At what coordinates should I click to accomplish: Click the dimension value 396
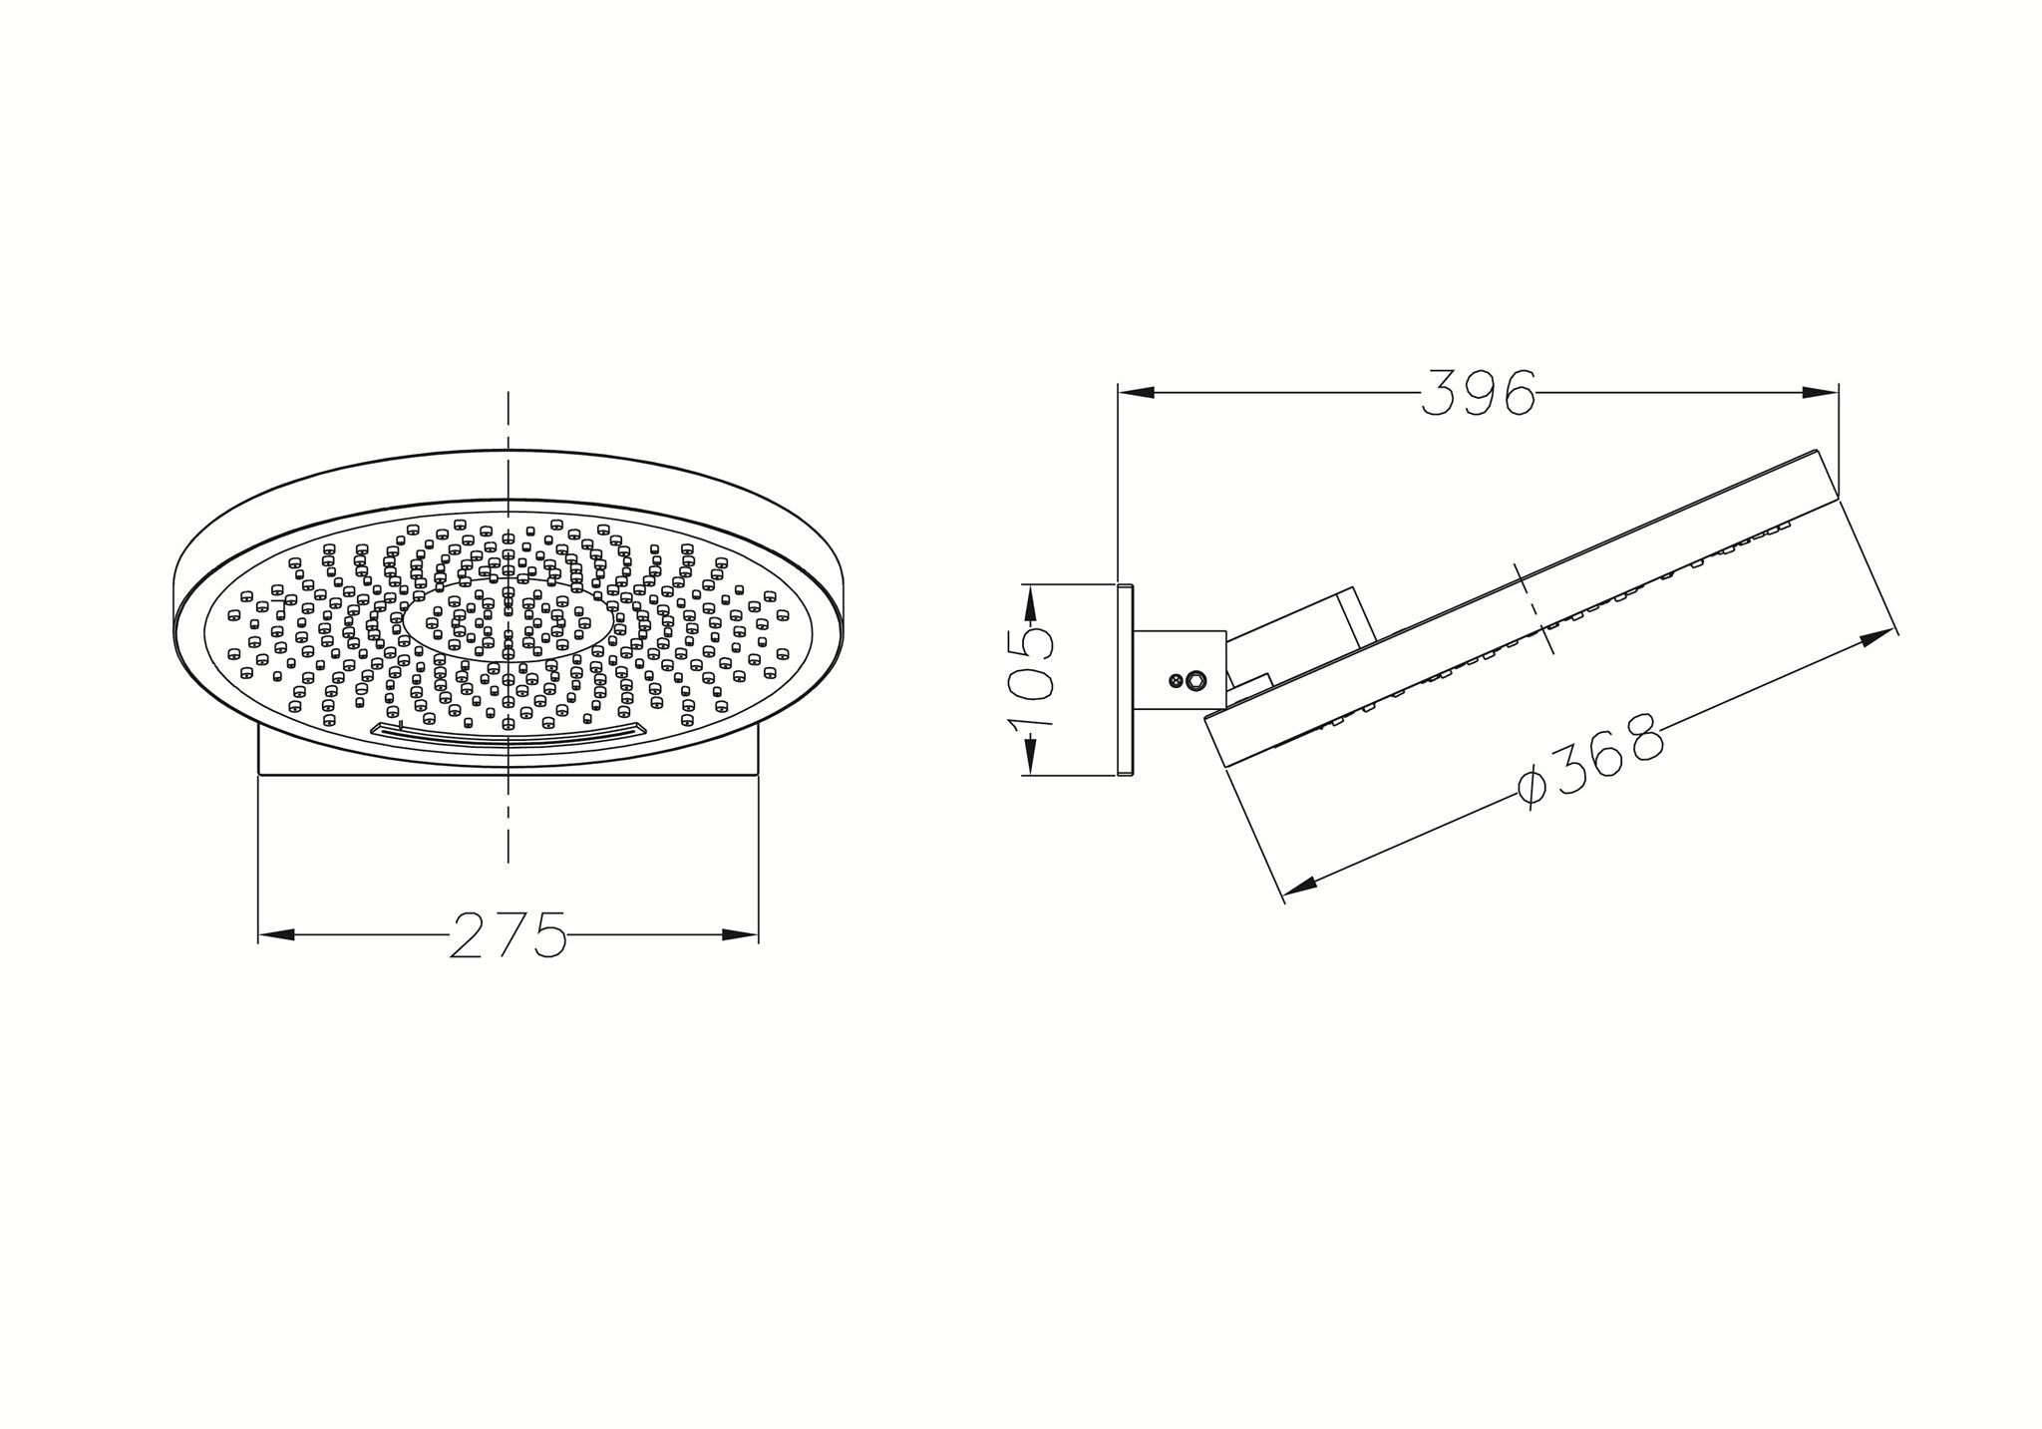(1478, 393)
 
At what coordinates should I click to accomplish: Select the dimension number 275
(508, 935)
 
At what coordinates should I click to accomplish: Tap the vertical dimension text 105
(1031, 678)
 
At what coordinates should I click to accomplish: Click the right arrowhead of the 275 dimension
(740, 935)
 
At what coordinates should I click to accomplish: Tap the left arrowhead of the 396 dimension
(1137, 393)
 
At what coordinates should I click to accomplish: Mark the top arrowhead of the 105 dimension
(1030, 602)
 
